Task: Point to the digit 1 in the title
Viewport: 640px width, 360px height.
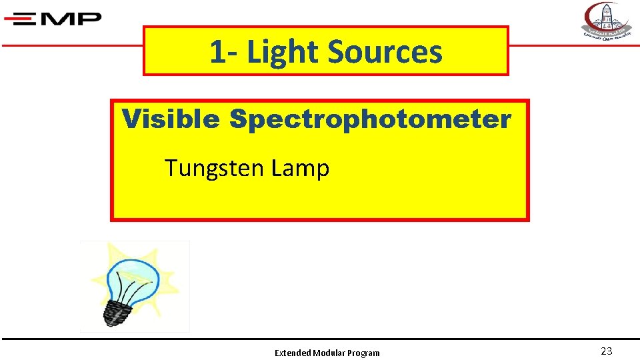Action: point(216,52)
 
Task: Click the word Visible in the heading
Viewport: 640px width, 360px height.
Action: point(171,120)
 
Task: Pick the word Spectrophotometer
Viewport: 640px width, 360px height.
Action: point(370,120)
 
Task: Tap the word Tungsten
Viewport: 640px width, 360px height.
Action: point(214,169)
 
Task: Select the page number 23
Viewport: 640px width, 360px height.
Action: point(606,351)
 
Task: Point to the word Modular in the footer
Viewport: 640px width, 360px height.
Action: point(329,353)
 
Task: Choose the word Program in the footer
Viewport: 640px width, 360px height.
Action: point(363,353)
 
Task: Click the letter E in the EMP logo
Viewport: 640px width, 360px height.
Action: point(30,19)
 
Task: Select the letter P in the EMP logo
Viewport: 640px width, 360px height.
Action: point(88,19)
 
